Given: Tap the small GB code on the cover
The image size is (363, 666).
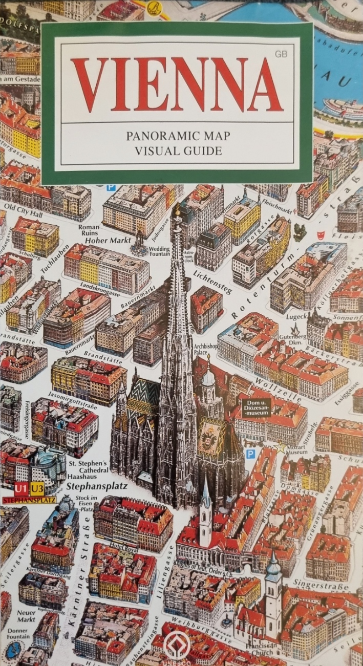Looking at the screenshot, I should click(x=281, y=53).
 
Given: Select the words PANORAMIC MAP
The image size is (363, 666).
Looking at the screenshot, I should click(x=178, y=136).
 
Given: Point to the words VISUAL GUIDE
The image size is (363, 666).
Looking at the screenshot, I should click(x=178, y=151).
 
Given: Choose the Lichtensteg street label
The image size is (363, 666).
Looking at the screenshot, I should click(x=212, y=282).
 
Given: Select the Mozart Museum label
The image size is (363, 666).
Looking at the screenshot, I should click(x=297, y=449).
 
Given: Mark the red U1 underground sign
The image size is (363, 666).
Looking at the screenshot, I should click(x=22, y=486).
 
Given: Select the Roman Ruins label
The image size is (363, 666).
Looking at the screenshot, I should click(x=90, y=228).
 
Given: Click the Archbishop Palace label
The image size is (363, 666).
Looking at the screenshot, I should click(x=206, y=349).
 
